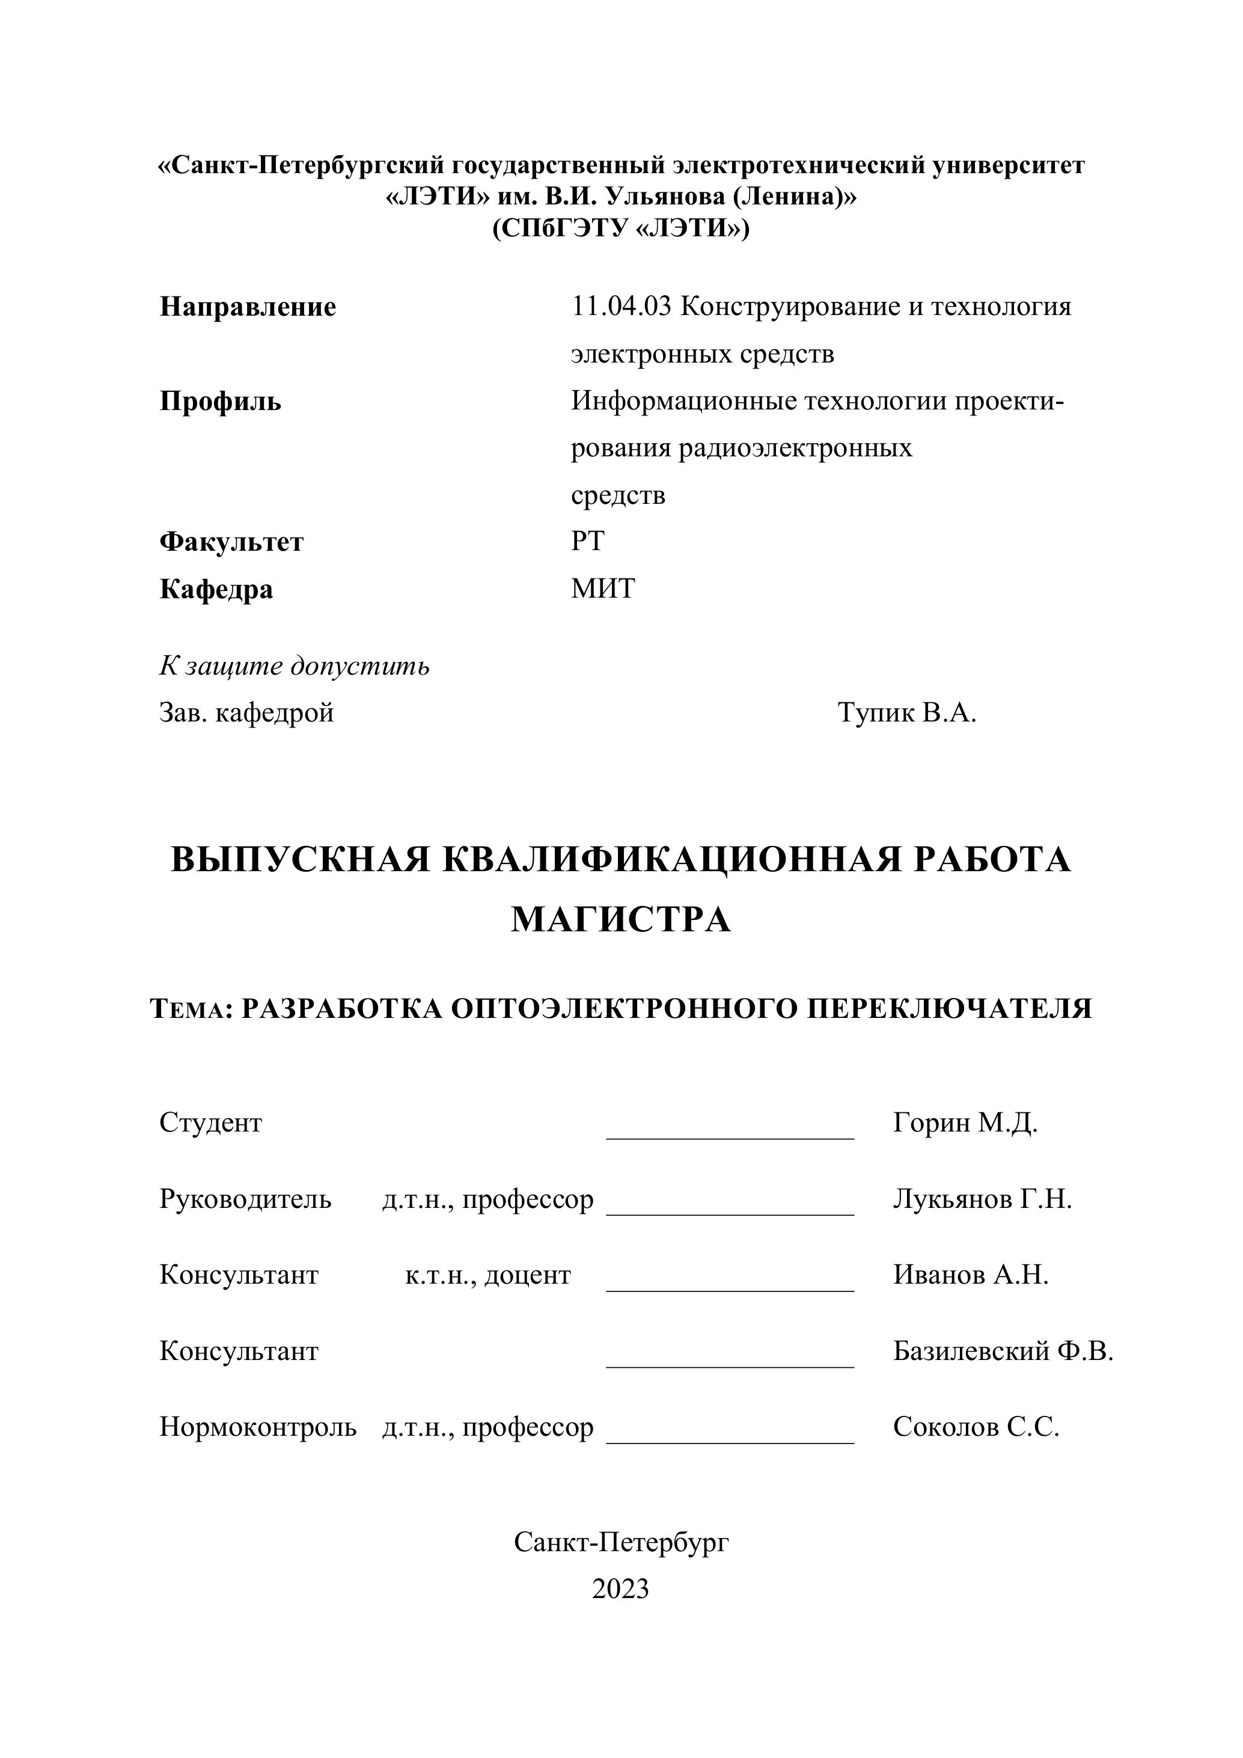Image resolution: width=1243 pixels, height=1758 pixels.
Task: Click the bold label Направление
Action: (x=247, y=307)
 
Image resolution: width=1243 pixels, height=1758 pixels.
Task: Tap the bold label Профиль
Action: (x=221, y=401)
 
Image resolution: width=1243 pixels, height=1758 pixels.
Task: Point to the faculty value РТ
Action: (x=587, y=541)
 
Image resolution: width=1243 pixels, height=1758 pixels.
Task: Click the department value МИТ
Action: (x=602, y=589)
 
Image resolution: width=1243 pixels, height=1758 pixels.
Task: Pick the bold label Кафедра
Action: (x=216, y=590)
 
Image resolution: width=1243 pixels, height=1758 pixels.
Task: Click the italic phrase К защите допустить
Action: (x=294, y=666)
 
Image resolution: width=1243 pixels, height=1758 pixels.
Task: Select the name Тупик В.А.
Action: (x=906, y=713)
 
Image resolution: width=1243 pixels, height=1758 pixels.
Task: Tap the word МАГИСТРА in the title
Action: (x=621, y=919)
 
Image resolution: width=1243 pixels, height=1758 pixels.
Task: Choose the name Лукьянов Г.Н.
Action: (x=982, y=1199)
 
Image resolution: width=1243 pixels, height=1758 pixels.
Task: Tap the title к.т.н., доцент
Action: (x=487, y=1275)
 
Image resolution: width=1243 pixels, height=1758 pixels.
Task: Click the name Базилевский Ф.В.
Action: (x=1003, y=1350)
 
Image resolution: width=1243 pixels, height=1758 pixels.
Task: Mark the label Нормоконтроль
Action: (x=257, y=1427)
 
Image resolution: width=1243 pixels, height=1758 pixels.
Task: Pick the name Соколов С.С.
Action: (x=976, y=1427)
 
